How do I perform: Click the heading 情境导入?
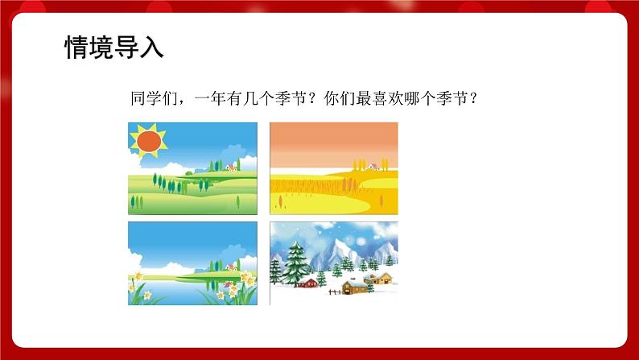114,48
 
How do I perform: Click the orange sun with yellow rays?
148,141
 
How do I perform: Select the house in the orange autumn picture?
373,167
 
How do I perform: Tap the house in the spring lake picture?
232,266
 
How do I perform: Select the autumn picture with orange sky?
333,168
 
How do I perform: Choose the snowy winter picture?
333,263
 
